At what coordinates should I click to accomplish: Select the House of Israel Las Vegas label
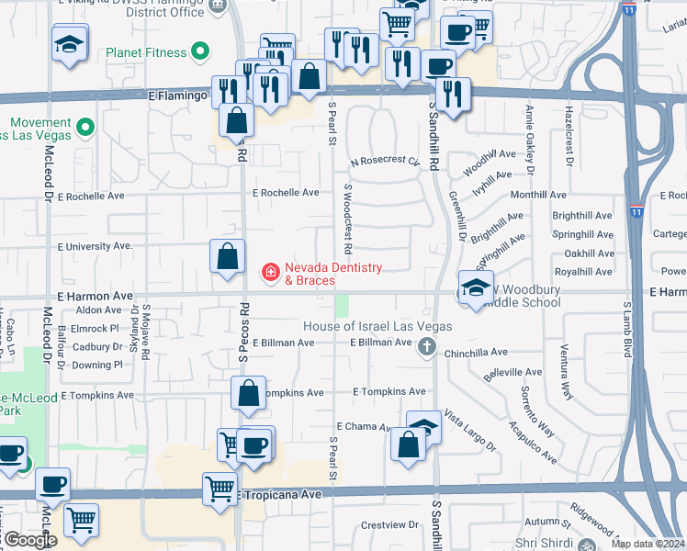(x=379, y=327)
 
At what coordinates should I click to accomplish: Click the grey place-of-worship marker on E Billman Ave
(x=426, y=347)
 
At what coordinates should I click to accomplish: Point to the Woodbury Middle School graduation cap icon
(x=476, y=288)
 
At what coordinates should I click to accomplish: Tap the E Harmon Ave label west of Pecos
(x=96, y=297)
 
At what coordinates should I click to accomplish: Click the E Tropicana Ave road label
(x=281, y=494)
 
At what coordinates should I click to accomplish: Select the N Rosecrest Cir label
(x=385, y=162)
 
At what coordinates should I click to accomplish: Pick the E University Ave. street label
(x=96, y=246)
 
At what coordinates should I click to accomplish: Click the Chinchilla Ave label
(x=476, y=352)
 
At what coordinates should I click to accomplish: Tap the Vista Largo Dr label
(x=469, y=431)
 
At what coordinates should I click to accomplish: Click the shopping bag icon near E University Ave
(x=227, y=257)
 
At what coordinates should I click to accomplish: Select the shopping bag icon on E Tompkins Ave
(x=249, y=394)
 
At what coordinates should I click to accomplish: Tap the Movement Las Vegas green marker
(x=85, y=127)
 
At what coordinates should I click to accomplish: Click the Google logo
(x=30, y=540)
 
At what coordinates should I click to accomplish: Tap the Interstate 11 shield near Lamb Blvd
(x=636, y=212)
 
